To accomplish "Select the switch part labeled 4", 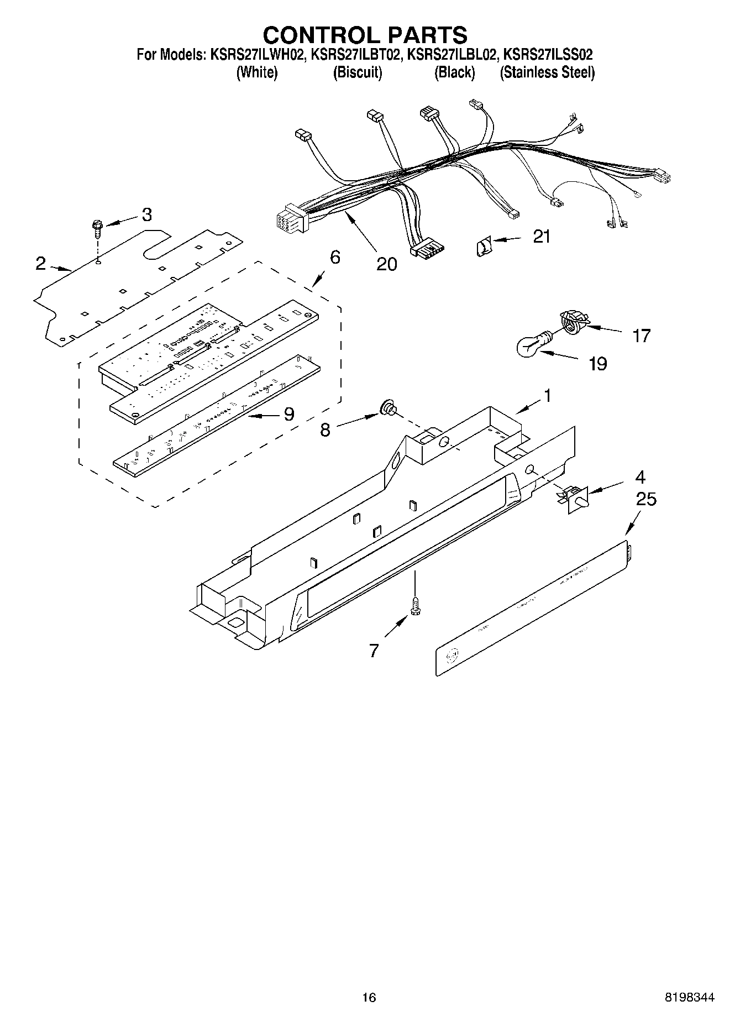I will point(575,497).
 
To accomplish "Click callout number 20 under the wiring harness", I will point(386,264).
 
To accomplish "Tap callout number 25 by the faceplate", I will point(645,499).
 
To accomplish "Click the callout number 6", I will point(335,257).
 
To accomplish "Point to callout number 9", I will point(288,415).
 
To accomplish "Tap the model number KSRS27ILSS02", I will point(548,55).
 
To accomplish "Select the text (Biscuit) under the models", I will point(357,72).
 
